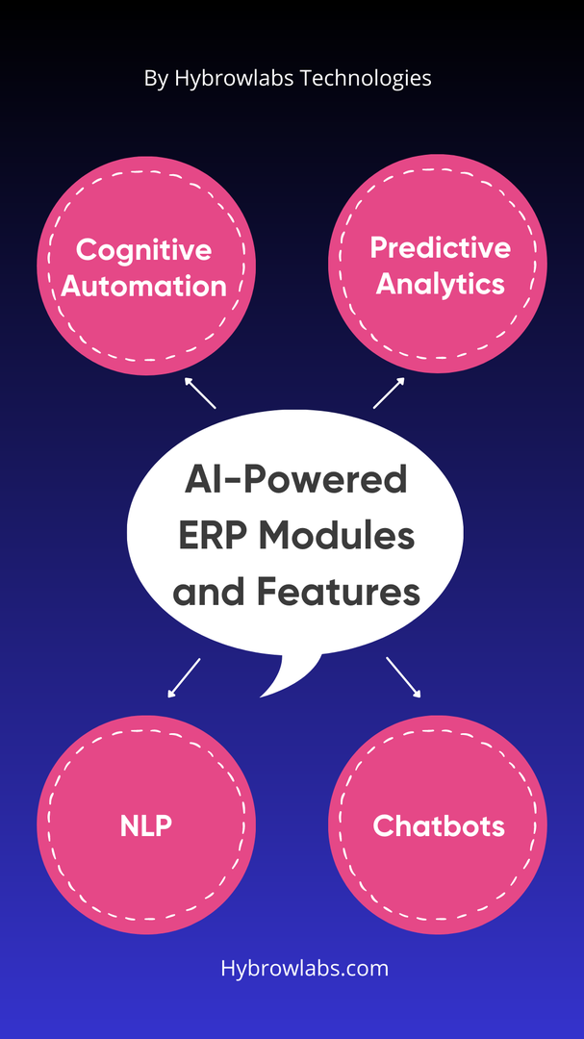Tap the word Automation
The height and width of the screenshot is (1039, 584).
tap(144, 287)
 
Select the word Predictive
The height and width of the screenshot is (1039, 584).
tap(440, 248)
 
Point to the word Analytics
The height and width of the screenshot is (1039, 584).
tap(440, 285)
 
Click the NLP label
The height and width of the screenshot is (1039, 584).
tap(146, 825)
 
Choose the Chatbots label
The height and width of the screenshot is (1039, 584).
tap(439, 825)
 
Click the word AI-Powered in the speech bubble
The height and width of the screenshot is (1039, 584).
tap(295, 480)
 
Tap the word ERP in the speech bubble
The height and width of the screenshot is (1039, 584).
tap(211, 536)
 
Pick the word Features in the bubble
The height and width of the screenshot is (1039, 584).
tap(339, 593)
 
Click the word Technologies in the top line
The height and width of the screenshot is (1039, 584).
tap(366, 79)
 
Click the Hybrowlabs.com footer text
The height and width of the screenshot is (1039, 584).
tap(305, 968)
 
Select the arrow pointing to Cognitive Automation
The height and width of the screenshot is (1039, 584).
tap(199, 393)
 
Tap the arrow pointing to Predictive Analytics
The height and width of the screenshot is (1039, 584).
tap(389, 393)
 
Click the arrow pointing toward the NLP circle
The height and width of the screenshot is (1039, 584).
tap(184, 678)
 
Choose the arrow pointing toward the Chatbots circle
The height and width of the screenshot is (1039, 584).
tap(404, 677)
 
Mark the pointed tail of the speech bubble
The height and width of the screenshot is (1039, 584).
tap(261, 697)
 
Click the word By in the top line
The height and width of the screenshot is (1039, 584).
tap(157, 79)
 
